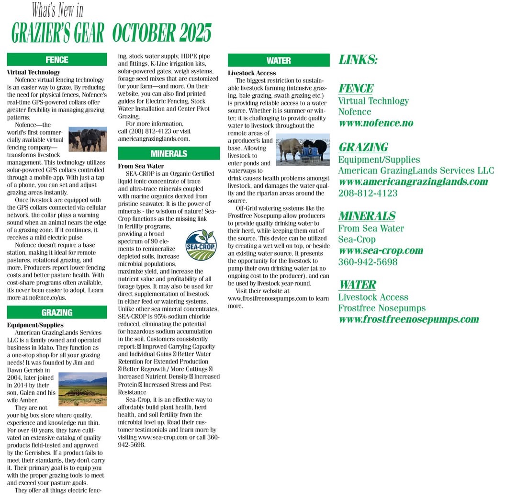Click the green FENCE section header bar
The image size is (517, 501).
(57, 60)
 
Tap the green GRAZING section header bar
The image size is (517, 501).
(57, 313)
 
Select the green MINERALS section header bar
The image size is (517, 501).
(169, 154)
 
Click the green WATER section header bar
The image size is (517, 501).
(279, 60)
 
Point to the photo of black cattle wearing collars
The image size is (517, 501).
(87, 139)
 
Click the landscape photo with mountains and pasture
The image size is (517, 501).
(83, 389)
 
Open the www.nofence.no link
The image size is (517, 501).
(376, 123)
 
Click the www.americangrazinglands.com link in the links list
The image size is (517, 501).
(413, 182)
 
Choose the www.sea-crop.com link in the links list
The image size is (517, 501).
(381, 250)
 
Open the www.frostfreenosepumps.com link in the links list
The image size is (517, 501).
(409, 319)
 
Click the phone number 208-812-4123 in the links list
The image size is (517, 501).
(368, 194)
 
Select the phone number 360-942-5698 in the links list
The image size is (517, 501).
(368, 262)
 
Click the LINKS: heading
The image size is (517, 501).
(358, 60)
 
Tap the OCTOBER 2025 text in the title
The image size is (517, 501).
(162, 33)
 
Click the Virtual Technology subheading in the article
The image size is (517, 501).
(34, 72)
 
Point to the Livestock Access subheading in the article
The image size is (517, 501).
(252, 73)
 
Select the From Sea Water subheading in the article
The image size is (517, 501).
(141, 166)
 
